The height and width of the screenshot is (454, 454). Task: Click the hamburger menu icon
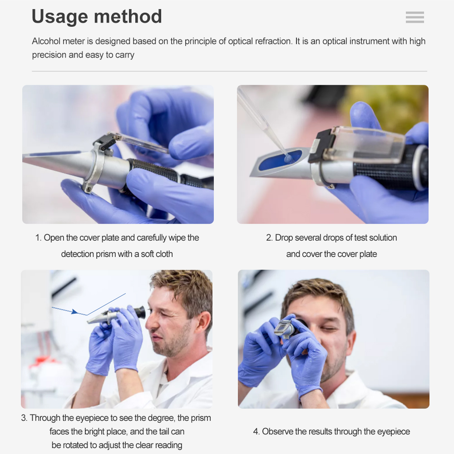click(415, 17)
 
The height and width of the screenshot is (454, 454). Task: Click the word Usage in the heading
click(59, 17)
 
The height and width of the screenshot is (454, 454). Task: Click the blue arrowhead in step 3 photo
click(75, 312)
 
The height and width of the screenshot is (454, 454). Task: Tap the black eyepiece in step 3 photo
click(140, 312)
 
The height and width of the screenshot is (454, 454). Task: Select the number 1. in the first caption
click(38, 238)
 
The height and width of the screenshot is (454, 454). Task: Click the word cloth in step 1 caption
click(164, 254)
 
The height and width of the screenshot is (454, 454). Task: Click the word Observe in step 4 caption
click(277, 431)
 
